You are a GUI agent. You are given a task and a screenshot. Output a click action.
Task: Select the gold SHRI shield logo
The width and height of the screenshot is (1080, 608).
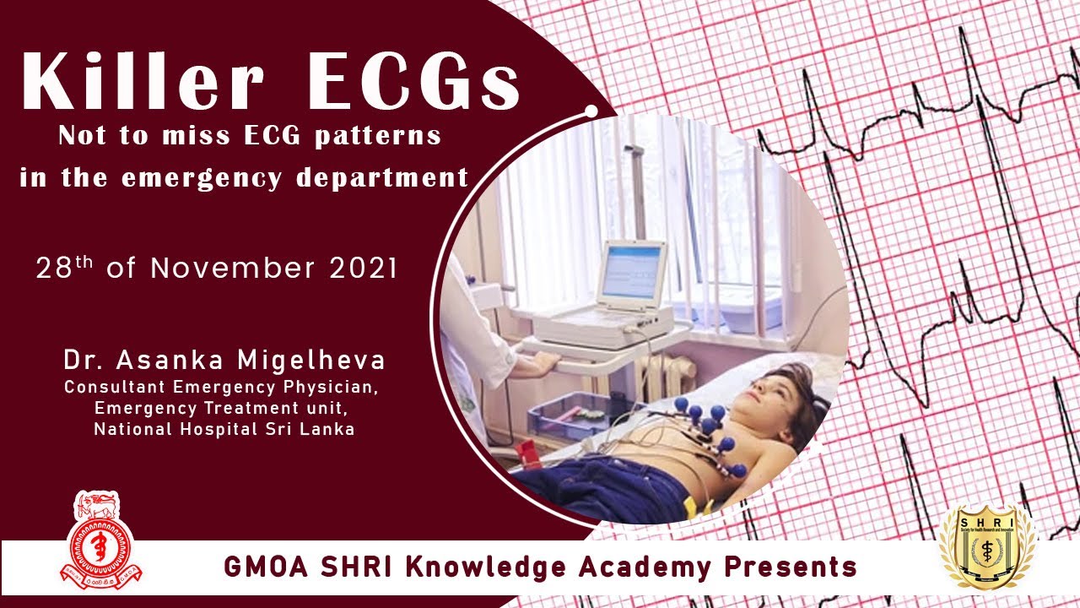coord(986,546)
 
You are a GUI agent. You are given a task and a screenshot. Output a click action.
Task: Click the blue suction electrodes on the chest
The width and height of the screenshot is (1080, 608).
coord(709,426)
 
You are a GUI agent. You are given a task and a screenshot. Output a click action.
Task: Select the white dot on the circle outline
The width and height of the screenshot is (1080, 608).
coord(591,111)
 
